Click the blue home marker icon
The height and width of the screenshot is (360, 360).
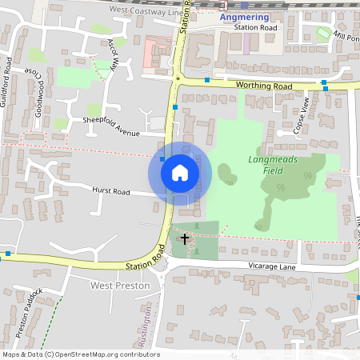pyautogui.click(x=180, y=173)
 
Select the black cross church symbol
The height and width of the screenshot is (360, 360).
pyautogui.click(x=185, y=238)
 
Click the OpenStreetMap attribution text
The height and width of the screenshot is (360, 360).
pyautogui.click(x=80, y=354)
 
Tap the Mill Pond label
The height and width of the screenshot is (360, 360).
pyautogui.click(x=349, y=37)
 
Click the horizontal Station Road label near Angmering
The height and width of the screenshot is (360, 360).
pyautogui.click(x=255, y=28)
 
